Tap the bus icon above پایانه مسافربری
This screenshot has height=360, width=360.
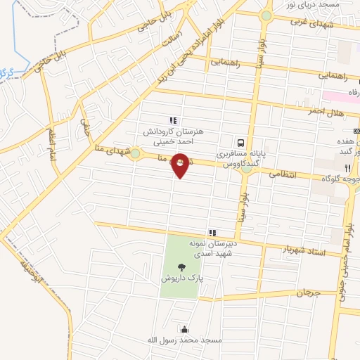pos(240,140)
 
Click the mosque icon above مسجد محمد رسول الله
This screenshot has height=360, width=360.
pos(184,329)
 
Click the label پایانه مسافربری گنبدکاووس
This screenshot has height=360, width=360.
pos(238,158)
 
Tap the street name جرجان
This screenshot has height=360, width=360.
pos(307,292)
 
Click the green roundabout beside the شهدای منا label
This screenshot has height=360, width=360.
pos(135,154)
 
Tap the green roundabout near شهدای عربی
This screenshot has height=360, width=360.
pos(266,15)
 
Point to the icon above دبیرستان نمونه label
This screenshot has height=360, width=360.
pos(211,232)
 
